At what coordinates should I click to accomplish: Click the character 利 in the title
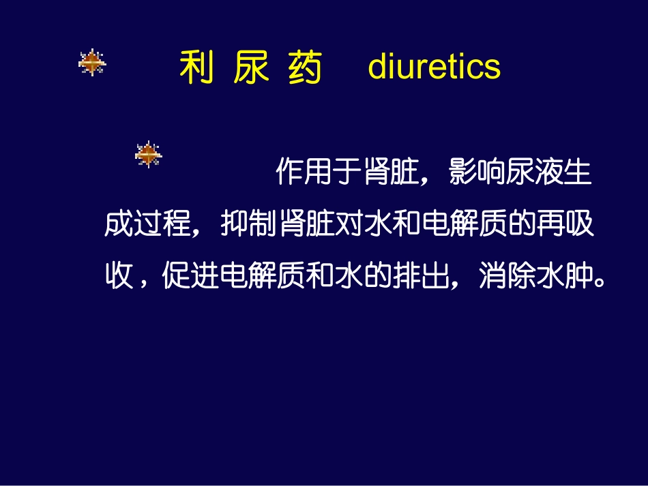pyautogui.click(x=196, y=67)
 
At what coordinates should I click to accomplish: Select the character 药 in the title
pyautogui.click(x=304, y=67)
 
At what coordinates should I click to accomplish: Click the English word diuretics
pyautogui.click(x=434, y=66)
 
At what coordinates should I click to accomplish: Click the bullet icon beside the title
pyautogui.click(x=91, y=63)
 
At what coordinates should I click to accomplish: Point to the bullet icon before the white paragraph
pyautogui.click(x=148, y=154)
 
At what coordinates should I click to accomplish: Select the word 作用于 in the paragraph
pyautogui.click(x=319, y=173)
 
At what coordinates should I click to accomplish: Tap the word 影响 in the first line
pyautogui.click(x=477, y=173)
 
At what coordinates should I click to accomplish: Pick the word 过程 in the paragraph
pyautogui.click(x=162, y=225)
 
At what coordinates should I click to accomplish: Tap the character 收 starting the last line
pyautogui.click(x=118, y=277)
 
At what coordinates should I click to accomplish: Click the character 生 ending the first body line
pyautogui.click(x=577, y=173)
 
